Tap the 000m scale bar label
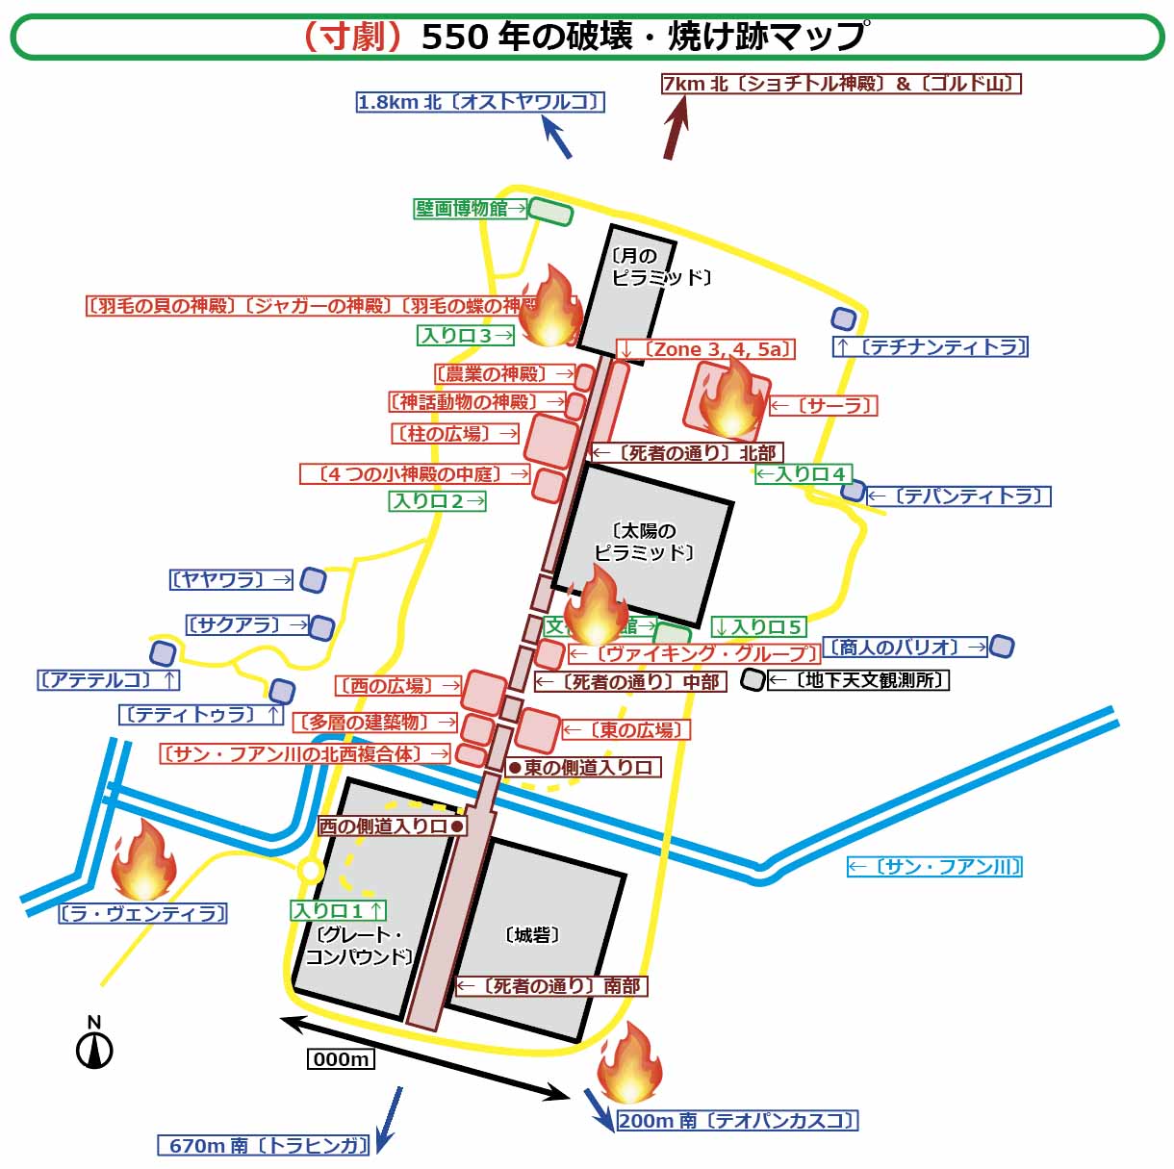pos(342,1059)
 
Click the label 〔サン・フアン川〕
pos(934,867)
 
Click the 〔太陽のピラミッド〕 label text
pos(644,542)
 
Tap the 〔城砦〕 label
pos(532,935)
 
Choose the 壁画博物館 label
pos(463,208)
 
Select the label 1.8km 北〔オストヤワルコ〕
pos(480,102)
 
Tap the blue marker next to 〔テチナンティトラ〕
pos(844,318)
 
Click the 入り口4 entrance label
pos(801,474)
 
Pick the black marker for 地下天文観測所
pos(753,680)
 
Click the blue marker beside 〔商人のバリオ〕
pos(1002,647)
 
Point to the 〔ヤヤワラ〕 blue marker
pos(313,580)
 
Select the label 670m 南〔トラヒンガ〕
pos(265,1145)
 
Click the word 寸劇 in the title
pos(352,37)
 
